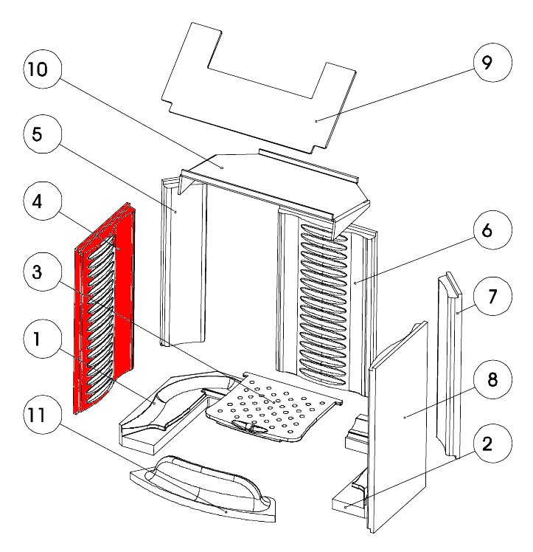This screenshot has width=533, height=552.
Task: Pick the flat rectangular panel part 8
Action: pyautogui.click(x=398, y=428)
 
